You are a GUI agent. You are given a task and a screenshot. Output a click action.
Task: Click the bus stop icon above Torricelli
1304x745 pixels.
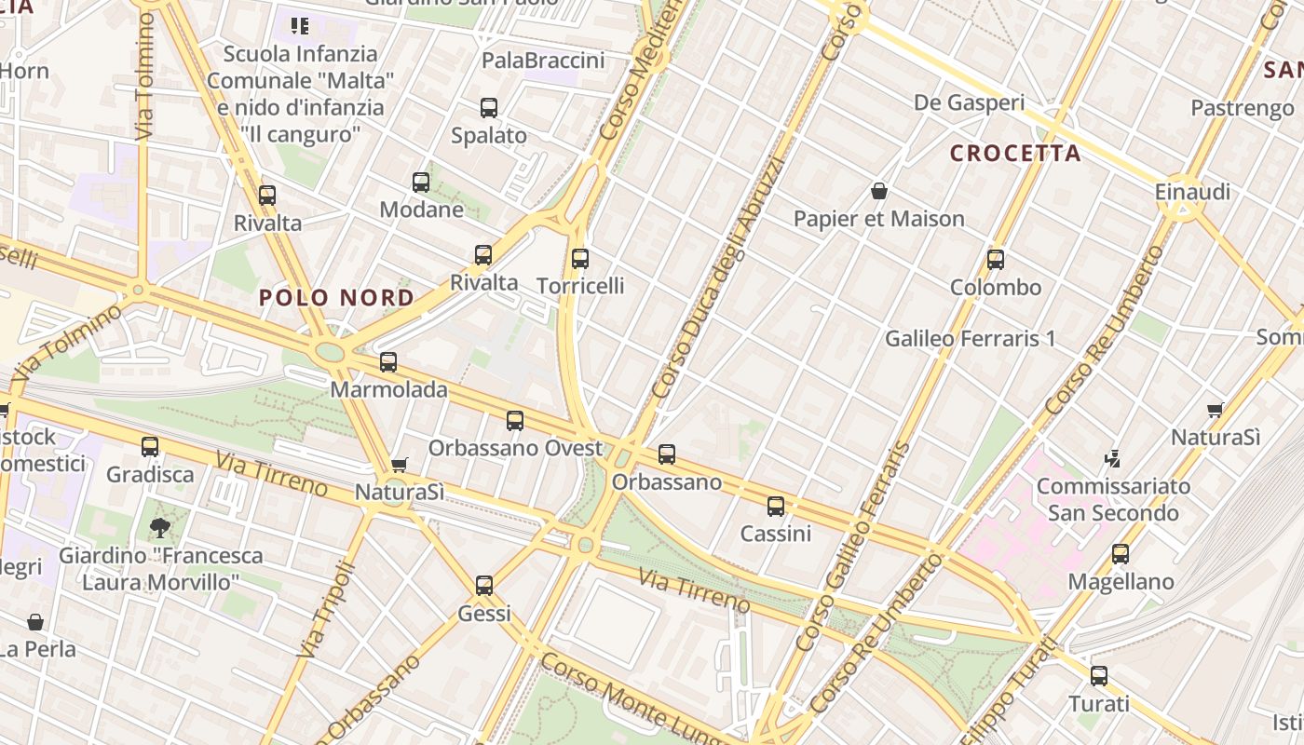(x=580, y=259)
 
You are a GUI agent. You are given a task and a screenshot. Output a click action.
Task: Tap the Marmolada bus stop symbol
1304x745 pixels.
(x=388, y=362)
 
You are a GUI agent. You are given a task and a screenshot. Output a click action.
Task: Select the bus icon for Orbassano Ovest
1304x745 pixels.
(x=515, y=421)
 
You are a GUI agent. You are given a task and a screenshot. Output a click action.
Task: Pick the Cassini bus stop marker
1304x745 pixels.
(x=776, y=507)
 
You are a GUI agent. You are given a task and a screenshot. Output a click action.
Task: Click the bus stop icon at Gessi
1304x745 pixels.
(x=484, y=586)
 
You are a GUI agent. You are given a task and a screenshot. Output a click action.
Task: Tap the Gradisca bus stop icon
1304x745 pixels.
(x=150, y=447)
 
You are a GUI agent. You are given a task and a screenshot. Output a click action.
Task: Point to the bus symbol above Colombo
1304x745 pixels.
(x=996, y=260)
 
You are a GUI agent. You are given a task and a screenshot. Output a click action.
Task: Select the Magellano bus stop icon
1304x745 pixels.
(x=1121, y=554)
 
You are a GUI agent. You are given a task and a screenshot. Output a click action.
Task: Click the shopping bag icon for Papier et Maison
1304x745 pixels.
(x=878, y=192)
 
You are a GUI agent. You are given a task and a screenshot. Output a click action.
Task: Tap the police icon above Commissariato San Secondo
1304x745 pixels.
(x=1112, y=458)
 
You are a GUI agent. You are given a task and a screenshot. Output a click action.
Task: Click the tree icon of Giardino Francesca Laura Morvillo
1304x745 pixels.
(x=160, y=528)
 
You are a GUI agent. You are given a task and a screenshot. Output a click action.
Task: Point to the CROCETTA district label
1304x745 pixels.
(x=1015, y=154)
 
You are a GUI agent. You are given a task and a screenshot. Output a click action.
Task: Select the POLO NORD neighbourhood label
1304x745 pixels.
(x=336, y=298)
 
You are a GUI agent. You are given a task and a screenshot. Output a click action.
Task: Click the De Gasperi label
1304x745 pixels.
(x=969, y=102)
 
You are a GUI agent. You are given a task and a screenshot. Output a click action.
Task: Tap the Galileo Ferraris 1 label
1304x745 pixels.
(x=970, y=338)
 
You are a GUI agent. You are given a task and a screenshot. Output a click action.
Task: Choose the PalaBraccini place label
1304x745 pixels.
(x=543, y=61)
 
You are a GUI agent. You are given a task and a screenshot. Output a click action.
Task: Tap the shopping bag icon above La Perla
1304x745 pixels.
(x=35, y=621)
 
